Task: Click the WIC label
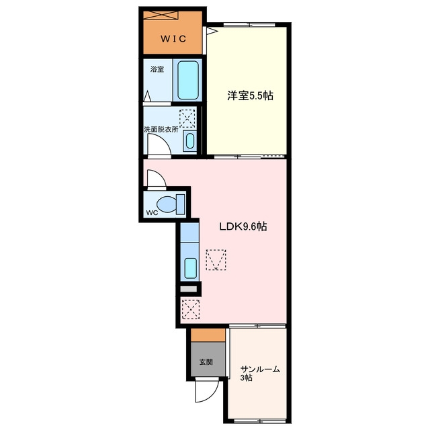[173, 39]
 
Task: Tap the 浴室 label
[157, 69]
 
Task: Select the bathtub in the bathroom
[188, 80]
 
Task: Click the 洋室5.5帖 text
[250, 95]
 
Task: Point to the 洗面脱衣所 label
[161, 130]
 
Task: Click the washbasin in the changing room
[189, 141]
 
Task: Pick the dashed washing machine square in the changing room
[187, 118]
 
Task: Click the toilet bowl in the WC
[167, 204]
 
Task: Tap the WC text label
[153, 212]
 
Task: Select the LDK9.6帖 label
[243, 226]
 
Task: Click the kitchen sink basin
[191, 268]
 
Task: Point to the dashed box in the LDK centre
[216, 260]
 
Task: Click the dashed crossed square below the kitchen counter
[191, 310]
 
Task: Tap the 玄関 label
[206, 362]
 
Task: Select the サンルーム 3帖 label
[260, 374]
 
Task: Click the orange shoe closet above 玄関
[208, 335]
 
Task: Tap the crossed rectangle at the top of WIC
[161, 15]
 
